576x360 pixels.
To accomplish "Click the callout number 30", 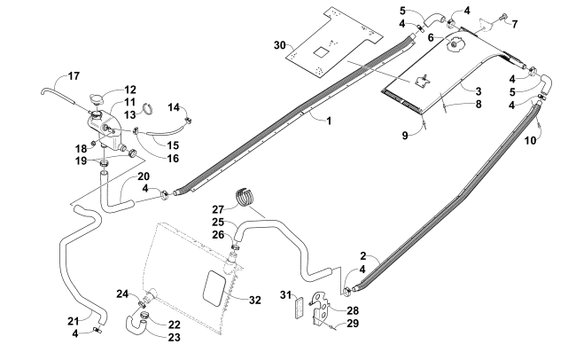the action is [279, 45].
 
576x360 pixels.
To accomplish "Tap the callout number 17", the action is [74, 76].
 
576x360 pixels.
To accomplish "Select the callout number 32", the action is [255, 300].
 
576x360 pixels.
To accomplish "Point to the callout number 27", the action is [218, 209].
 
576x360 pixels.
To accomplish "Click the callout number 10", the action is [530, 140].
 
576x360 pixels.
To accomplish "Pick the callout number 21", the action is [73, 321].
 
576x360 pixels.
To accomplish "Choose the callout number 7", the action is [515, 24].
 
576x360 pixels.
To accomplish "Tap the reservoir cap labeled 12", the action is [97, 99].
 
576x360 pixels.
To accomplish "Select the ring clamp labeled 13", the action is [147, 109].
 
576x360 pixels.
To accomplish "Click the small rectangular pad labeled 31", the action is [300, 307].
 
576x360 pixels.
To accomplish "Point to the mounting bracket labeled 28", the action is [321, 308].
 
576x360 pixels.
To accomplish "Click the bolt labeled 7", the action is [502, 16].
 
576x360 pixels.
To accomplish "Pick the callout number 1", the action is [329, 121].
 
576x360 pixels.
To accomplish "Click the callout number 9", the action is [405, 136].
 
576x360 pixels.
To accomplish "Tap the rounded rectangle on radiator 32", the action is [214, 288].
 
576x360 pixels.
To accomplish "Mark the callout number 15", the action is [173, 145].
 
